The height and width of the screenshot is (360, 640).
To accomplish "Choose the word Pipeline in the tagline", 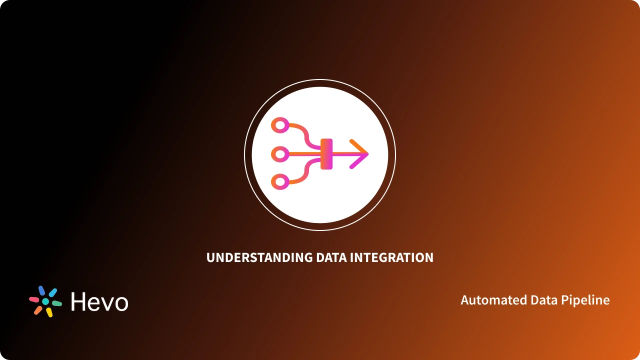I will pyautogui.click(x=585, y=300).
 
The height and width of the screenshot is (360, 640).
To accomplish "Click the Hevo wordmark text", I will pyautogui.click(x=99, y=302).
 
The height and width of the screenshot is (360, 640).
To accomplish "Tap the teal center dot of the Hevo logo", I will pyautogui.click(x=45, y=301).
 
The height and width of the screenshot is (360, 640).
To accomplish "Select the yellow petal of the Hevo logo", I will pyautogui.click(x=49, y=312).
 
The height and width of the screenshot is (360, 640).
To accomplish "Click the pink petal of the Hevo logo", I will pyautogui.click(x=34, y=299).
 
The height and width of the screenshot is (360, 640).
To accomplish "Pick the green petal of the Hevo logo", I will pyautogui.click(x=57, y=303).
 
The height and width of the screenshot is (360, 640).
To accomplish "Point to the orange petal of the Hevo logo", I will pyautogui.click(x=38, y=310).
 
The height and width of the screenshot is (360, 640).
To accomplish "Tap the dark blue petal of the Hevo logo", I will pyautogui.click(x=41, y=290).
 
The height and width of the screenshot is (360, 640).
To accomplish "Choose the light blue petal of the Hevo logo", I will pyautogui.click(x=52, y=292).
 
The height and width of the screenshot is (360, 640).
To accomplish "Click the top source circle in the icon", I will pyautogui.click(x=279, y=125).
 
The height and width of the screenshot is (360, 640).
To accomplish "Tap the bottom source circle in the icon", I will pyautogui.click(x=279, y=182).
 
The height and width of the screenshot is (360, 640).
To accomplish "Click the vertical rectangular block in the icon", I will pyautogui.click(x=326, y=154).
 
